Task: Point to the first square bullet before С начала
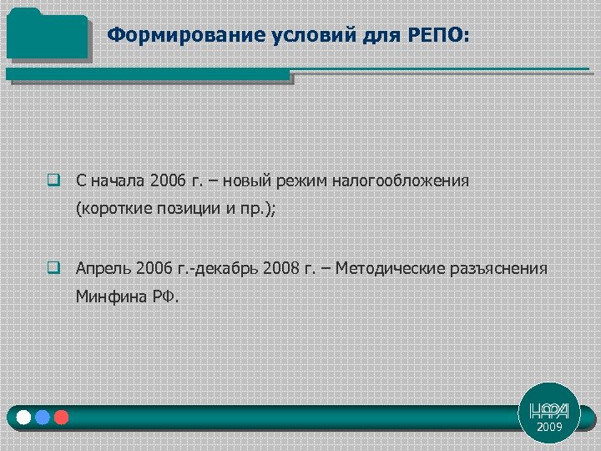53,180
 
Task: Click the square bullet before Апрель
53,269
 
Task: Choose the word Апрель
103,269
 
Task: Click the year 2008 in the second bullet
279,269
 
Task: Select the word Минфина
109,296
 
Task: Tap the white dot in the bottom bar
23,417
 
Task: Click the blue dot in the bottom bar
43,417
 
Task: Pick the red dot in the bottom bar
61,417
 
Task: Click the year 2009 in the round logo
549,427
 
